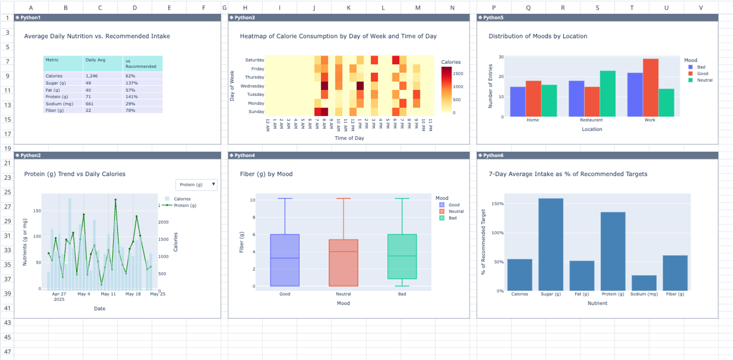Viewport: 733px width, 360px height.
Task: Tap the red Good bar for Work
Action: pyautogui.click(x=650, y=88)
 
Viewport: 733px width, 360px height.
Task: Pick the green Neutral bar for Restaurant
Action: pyautogui.click(x=608, y=94)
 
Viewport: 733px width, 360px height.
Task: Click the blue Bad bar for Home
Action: pyautogui.click(x=518, y=101)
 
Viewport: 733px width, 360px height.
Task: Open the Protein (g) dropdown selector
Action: pyautogui.click(x=196, y=185)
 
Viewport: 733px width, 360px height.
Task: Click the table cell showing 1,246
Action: pyautogui.click(x=92, y=76)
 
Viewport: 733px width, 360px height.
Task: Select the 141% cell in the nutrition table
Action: pyautogui.click(x=132, y=97)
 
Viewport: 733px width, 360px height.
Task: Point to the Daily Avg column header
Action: pyautogui.click(x=96, y=60)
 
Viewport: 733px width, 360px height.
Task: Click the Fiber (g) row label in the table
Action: pyautogui.click(x=55, y=110)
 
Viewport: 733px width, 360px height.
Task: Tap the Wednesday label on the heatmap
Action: pyautogui.click(x=252, y=86)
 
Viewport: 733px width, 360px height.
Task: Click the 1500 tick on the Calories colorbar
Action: pyautogui.click(x=458, y=73)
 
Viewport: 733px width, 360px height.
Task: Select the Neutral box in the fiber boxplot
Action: pyautogui.click(x=343, y=262)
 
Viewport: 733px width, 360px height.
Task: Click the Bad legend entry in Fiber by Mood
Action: pyautogui.click(x=452, y=218)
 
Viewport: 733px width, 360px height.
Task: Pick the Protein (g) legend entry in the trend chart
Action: pyautogui.click(x=185, y=205)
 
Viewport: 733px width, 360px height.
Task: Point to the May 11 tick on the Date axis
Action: pyautogui.click(x=108, y=294)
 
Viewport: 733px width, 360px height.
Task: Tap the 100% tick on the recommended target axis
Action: pyautogui.click(x=498, y=233)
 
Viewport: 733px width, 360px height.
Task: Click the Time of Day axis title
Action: pyautogui.click(x=349, y=138)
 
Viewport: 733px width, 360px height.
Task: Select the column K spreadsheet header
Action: pyautogui.click(x=348, y=8)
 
